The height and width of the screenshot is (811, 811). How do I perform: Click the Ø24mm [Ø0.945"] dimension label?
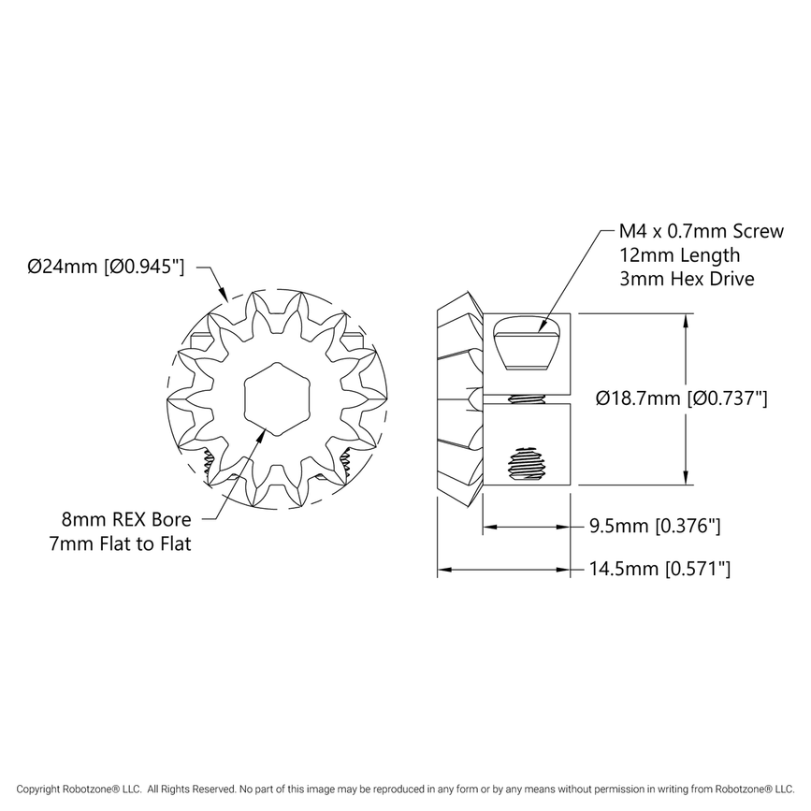click(x=105, y=267)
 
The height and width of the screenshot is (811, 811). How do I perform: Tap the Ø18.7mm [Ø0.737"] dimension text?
click(x=682, y=399)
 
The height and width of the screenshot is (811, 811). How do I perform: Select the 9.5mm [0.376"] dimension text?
click(x=654, y=527)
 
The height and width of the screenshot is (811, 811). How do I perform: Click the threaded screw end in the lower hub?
click(x=527, y=465)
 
